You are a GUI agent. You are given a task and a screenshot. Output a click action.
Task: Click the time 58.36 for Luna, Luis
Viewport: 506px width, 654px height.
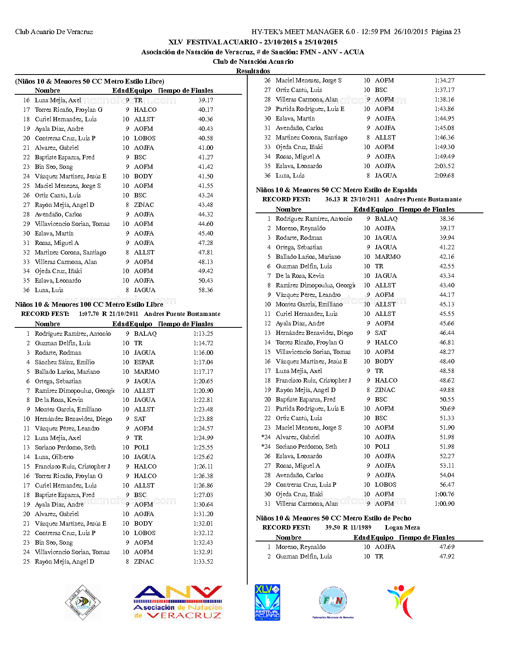point(206,290)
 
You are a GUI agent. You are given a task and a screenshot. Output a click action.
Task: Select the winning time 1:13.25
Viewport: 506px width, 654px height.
point(203,334)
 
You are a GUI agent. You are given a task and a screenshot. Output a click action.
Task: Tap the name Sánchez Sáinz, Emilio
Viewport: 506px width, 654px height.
point(65,362)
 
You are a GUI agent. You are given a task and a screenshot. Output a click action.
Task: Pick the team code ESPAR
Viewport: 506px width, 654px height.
point(144,362)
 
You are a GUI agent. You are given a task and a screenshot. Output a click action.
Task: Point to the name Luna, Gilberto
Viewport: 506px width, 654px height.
point(54,457)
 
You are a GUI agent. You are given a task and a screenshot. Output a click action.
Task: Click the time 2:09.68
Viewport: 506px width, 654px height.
point(444,176)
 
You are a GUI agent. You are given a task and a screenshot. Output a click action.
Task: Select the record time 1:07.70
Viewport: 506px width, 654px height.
point(89,314)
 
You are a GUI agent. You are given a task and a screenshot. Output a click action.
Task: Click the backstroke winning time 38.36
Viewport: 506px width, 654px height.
point(447,219)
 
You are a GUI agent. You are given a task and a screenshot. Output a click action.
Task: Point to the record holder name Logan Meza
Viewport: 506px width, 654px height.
point(402,528)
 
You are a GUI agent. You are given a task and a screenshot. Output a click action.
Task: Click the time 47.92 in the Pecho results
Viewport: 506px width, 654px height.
point(447,556)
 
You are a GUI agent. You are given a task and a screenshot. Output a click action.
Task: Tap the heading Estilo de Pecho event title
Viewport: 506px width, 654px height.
point(333,518)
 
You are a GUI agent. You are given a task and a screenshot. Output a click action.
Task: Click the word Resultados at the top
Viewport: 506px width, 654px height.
point(253,71)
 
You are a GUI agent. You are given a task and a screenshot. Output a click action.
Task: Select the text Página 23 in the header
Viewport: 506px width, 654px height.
point(446,32)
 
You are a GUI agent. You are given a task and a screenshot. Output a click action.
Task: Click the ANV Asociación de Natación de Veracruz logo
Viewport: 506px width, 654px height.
point(178,602)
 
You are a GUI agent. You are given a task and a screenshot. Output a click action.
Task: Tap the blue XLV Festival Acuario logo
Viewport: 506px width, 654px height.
point(267,602)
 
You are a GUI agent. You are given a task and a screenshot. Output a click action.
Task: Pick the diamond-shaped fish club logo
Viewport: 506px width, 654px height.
point(83,602)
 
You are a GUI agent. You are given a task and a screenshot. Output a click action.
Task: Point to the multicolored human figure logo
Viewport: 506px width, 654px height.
point(402,602)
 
